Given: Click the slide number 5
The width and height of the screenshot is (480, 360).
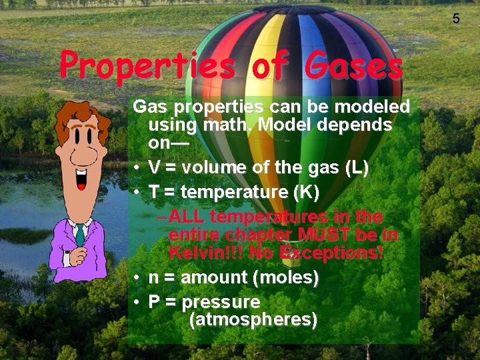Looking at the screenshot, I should tap(456, 19).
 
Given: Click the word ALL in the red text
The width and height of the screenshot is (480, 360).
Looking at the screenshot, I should tap(187, 217).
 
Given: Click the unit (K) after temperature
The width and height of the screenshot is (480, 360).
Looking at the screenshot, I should tap(307, 193).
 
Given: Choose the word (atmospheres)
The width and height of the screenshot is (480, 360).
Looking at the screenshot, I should tap(253, 320).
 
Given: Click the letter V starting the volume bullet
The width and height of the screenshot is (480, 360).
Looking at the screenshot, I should tap(154, 168).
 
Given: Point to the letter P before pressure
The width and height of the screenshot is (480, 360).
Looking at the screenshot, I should tap(154, 302).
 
